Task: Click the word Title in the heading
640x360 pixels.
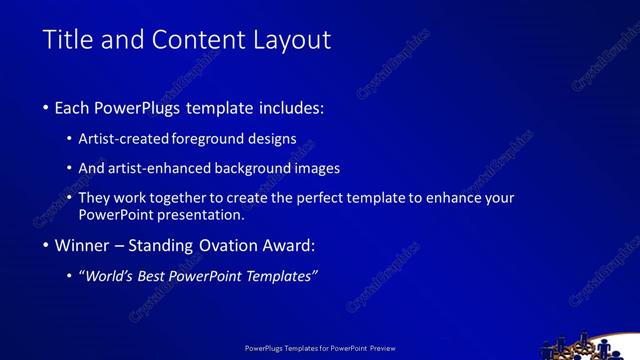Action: (x=68, y=40)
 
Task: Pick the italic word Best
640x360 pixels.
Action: (x=153, y=276)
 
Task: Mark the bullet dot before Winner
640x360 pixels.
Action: (x=47, y=246)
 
